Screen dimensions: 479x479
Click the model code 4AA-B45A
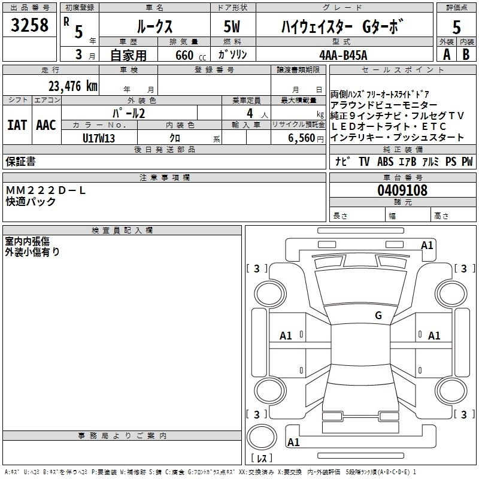pyautogui.click(x=343, y=54)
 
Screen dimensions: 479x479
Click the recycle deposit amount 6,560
pyautogui.click(x=298, y=138)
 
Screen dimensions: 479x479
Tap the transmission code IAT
pyautogui.click(x=17, y=125)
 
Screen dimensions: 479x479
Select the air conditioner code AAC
pyautogui.click(x=46, y=125)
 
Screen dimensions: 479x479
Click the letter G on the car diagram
pyautogui.click(x=378, y=316)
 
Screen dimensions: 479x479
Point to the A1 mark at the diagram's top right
pyautogui.click(x=427, y=245)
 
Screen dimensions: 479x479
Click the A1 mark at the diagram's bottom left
pyautogui.click(x=293, y=442)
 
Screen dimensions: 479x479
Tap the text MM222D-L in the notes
pyautogui.click(x=46, y=190)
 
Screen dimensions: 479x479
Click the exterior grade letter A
pyautogui.click(x=446, y=54)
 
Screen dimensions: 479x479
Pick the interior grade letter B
pyautogui.click(x=466, y=54)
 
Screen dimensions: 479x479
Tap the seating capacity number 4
pyautogui.click(x=248, y=113)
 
